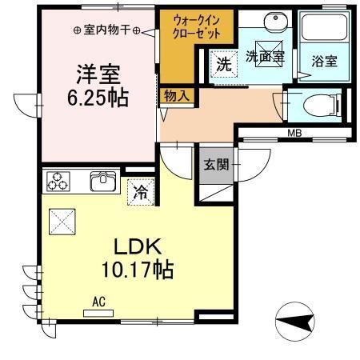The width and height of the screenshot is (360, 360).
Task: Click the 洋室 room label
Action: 98,75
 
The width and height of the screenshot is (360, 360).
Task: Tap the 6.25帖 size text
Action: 98,98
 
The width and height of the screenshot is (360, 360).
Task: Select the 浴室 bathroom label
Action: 323,61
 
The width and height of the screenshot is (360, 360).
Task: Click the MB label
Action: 295,134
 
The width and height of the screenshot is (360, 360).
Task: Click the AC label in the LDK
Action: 99,302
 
